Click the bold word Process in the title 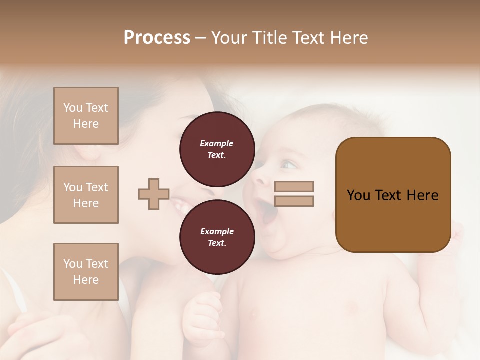point(157,38)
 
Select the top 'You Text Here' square point(86,116)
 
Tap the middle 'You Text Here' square point(86,195)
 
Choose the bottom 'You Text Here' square point(86,272)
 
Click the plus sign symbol point(154,194)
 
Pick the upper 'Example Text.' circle point(217,149)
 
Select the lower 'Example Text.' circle point(217,237)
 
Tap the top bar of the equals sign point(294,186)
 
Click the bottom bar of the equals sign point(294,201)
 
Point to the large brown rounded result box point(393,195)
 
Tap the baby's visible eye point(287,164)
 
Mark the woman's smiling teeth point(180,204)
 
